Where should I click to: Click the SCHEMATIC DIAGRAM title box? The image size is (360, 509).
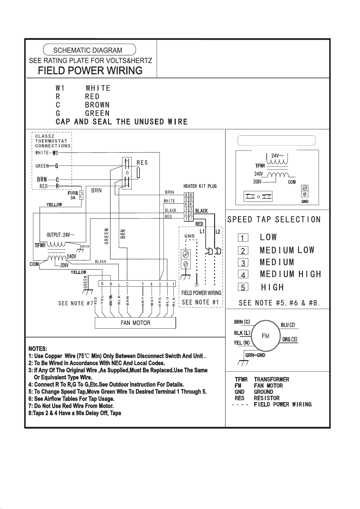coord(89,50)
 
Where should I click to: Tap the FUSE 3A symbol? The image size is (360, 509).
coord(81,195)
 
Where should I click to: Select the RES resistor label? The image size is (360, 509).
coord(142,163)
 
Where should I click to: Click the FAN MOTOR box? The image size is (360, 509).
coord(135,323)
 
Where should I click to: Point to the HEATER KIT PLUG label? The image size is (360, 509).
coord(200,186)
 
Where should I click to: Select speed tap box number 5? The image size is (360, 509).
coord(243,287)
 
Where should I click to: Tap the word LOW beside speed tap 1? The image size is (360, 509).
coord(268,237)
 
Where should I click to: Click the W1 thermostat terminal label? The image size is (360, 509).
coord(55,153)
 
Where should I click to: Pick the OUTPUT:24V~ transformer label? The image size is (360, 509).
coord(60,235)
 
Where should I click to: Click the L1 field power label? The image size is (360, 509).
coord(202,231)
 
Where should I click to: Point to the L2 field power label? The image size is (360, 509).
coord(217,232)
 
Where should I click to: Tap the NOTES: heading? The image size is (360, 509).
coord(38,349)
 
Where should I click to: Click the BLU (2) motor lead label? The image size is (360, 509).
coord(288,325)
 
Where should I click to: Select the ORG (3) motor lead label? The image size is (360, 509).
coord(290,339)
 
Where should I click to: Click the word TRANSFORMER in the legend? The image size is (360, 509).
coord(272,379)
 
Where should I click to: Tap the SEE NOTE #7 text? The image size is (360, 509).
coord(76,303)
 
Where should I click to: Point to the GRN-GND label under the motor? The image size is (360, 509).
coord(255,355)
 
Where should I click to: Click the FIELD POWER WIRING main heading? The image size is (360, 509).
coord(90,70)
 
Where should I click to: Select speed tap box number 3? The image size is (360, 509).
coord(243,263)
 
